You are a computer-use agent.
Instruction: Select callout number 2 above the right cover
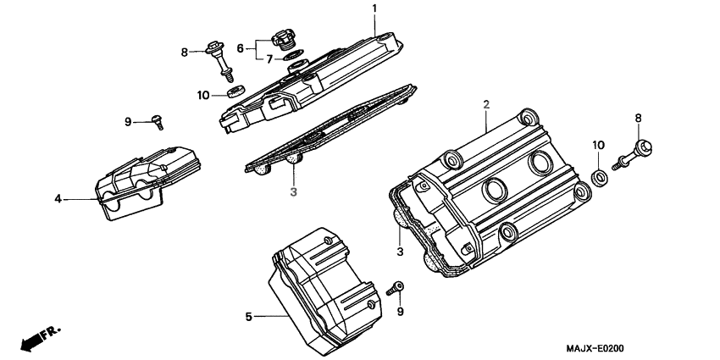point(486,104)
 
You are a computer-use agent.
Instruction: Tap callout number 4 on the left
point(58,199)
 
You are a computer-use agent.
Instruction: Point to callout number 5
point(249,317)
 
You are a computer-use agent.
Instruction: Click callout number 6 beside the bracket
point(240,48)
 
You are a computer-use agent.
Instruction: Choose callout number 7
point(270,59)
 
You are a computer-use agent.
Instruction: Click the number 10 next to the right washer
point(598,145)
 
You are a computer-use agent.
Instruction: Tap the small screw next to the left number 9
point(157,122)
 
